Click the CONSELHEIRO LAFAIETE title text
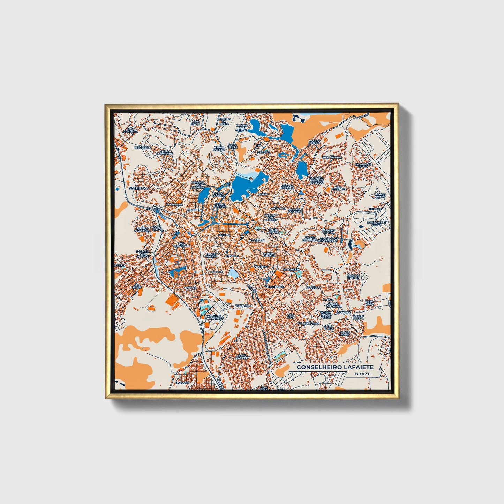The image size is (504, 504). [x=335, y=367]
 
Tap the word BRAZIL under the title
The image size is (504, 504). [x=363, y=374]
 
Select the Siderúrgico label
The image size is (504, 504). [x=138, y=188]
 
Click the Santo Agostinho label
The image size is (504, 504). [x=165, y=152]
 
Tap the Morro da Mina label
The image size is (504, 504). [x=314, y=142]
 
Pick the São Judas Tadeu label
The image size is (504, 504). [x=361, y=165]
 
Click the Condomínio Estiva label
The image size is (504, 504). [x=377, y=224]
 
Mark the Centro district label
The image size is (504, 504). [x=224, y=235]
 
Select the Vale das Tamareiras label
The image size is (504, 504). [x=214, y=317]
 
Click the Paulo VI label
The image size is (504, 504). [x=182, y=383]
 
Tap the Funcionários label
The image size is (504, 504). [x=308, y=323]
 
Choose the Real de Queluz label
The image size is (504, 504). [x=353, y=276]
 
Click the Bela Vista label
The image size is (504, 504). [x=369, y=303]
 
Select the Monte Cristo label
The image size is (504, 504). [x=380, y=195]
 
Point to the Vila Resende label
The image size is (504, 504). [x=338, y=188]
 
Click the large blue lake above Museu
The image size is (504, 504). [x=246, y=184]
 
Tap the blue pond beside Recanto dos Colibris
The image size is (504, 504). [x=203, y=194]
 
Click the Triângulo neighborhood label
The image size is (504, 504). [x=243, y=306]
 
